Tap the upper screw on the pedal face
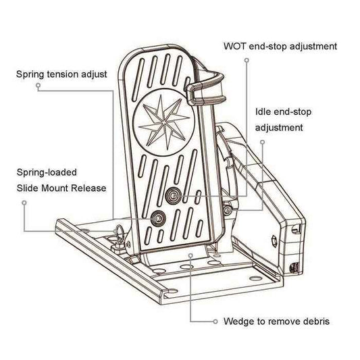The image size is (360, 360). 173,195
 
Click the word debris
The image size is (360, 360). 314,322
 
